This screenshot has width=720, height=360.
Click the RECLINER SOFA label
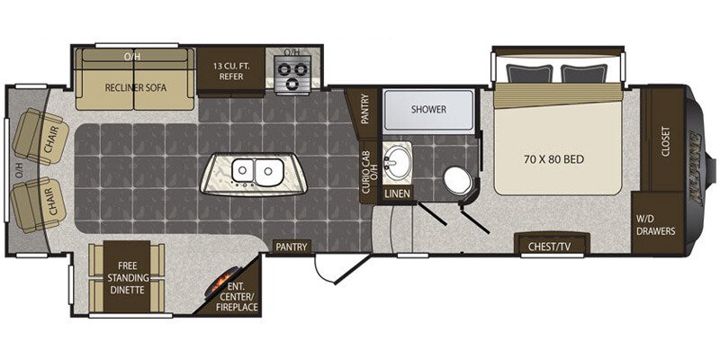[136, 87]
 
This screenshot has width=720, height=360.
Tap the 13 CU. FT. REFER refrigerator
[231, 70]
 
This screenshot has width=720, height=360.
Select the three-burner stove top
[292, 75]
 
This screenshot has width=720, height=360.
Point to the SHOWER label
[428, 109]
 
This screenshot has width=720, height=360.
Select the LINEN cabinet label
[398, 193]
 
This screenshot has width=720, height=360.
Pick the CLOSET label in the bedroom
[666, 141]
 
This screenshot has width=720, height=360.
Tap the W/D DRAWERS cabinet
[655, 223]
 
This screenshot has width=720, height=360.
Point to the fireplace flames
[224, 278]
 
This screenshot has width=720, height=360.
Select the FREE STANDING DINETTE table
[127, 277]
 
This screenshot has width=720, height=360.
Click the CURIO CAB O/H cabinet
[369, 172]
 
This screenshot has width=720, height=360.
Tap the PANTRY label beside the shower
[365, 109]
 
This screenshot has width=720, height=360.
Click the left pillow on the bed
[529, 74]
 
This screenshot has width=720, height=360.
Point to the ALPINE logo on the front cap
[694, 166]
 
